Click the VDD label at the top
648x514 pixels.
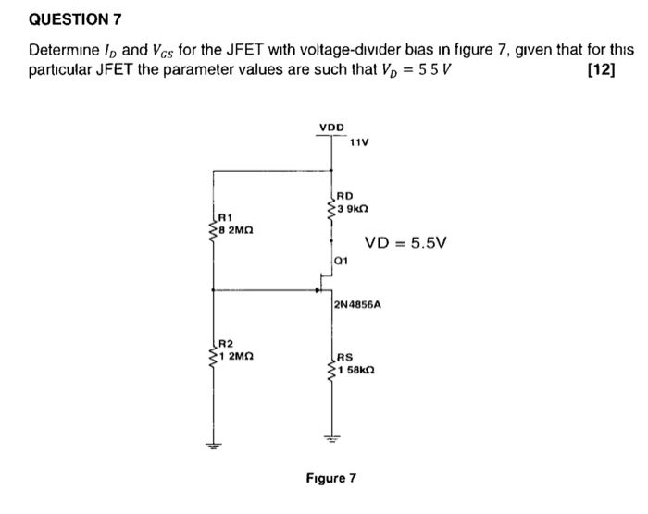[331, 126]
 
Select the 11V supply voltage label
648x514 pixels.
[359, 142]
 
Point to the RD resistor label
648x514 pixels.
[344, 195]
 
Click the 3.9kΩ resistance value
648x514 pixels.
[353, 208]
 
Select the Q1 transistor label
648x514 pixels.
[343, 261]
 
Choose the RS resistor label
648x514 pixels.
[344, 357]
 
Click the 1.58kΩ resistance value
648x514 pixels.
[355, 370]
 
